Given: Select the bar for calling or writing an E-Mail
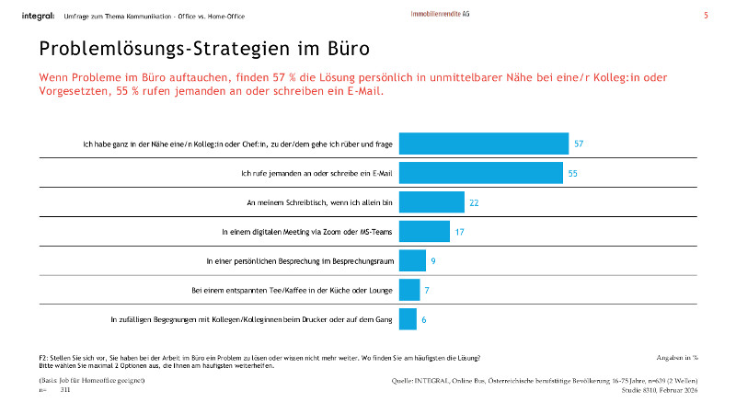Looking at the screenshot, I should (480, 173).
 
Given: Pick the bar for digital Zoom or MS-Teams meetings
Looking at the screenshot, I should (424, 232).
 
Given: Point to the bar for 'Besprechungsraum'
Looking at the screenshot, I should (412, 261).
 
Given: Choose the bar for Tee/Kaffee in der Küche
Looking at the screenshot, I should (409, 291).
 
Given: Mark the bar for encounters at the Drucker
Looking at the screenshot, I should (408, 320).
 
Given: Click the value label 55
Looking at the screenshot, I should (572, 173).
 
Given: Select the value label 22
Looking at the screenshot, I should (474, 202).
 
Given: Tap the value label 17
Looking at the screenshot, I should (459, 232).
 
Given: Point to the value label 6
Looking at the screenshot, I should (424, 320).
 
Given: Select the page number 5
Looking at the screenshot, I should (706, 15).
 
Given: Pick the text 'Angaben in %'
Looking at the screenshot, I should (676, 357).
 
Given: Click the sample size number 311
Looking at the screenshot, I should (65, 389).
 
